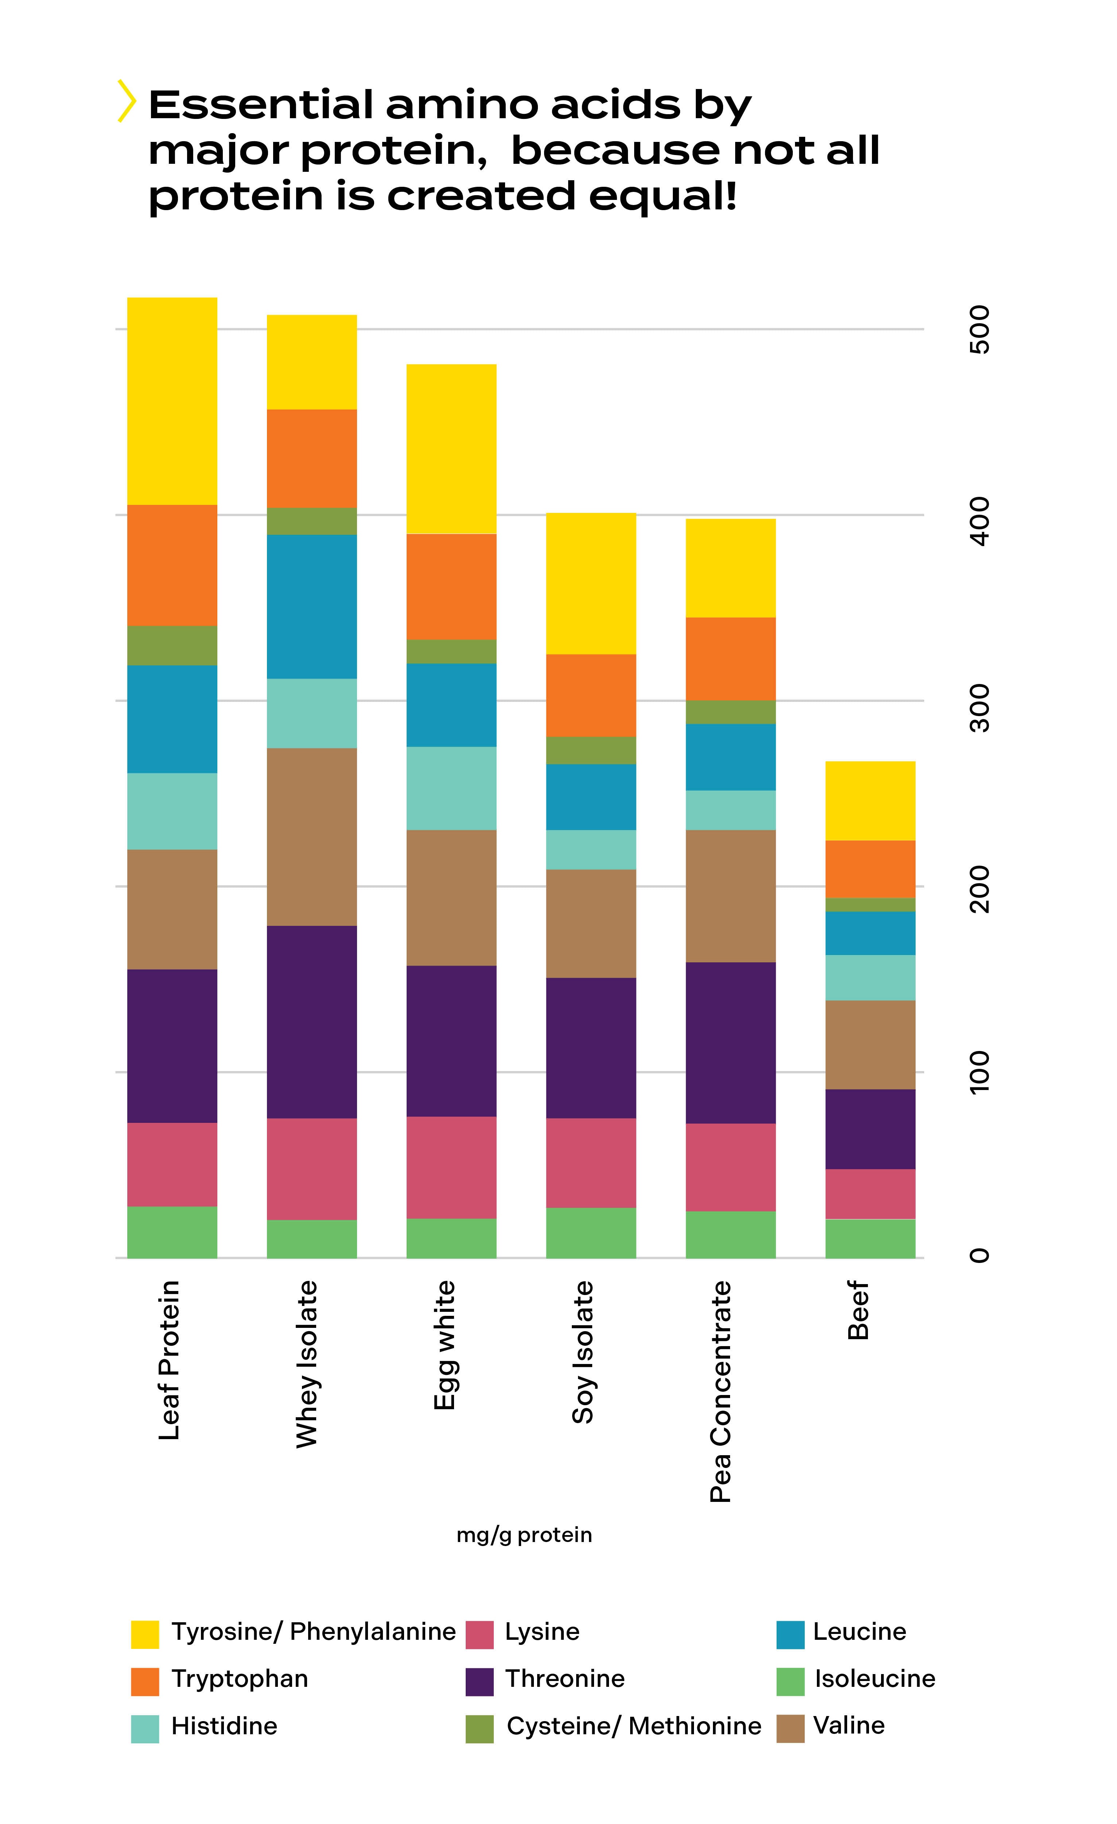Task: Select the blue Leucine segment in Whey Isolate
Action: [x=312, y=606]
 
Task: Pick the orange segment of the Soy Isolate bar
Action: [x=591, y=695]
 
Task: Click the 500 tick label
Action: [x=979, y=329]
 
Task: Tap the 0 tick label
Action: [x=979, y=1256]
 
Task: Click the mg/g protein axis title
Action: [x=524, y=1535]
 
